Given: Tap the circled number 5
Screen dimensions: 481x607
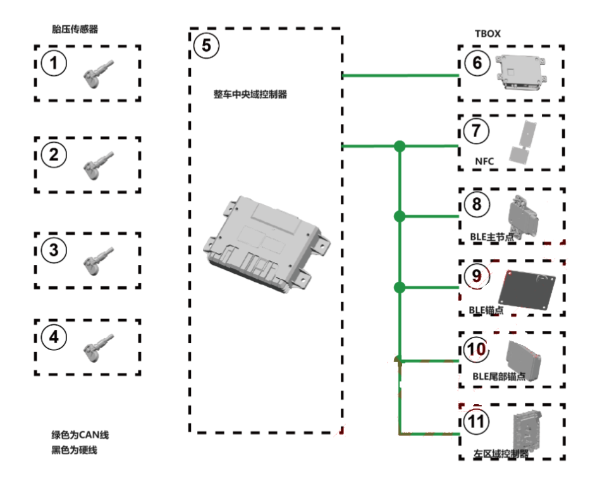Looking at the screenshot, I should (206, 46).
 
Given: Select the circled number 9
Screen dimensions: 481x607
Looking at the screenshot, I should (475, 276).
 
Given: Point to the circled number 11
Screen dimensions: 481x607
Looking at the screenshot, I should (475, 420).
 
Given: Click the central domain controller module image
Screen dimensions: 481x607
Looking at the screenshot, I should (266, 244).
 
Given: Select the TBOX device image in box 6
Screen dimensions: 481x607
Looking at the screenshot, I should (522, 72).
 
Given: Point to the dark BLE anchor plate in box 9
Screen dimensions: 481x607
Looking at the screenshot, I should (529, 288).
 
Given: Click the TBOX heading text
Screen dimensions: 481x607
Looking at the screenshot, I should (487, 33).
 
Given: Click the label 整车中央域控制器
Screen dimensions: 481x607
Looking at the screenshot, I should (250, 94).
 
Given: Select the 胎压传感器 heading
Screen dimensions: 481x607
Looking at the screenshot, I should (75, 29).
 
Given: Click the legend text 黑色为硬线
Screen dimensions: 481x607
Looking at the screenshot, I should (75, 450).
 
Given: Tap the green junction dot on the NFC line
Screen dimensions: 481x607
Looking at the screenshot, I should (399, 147).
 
